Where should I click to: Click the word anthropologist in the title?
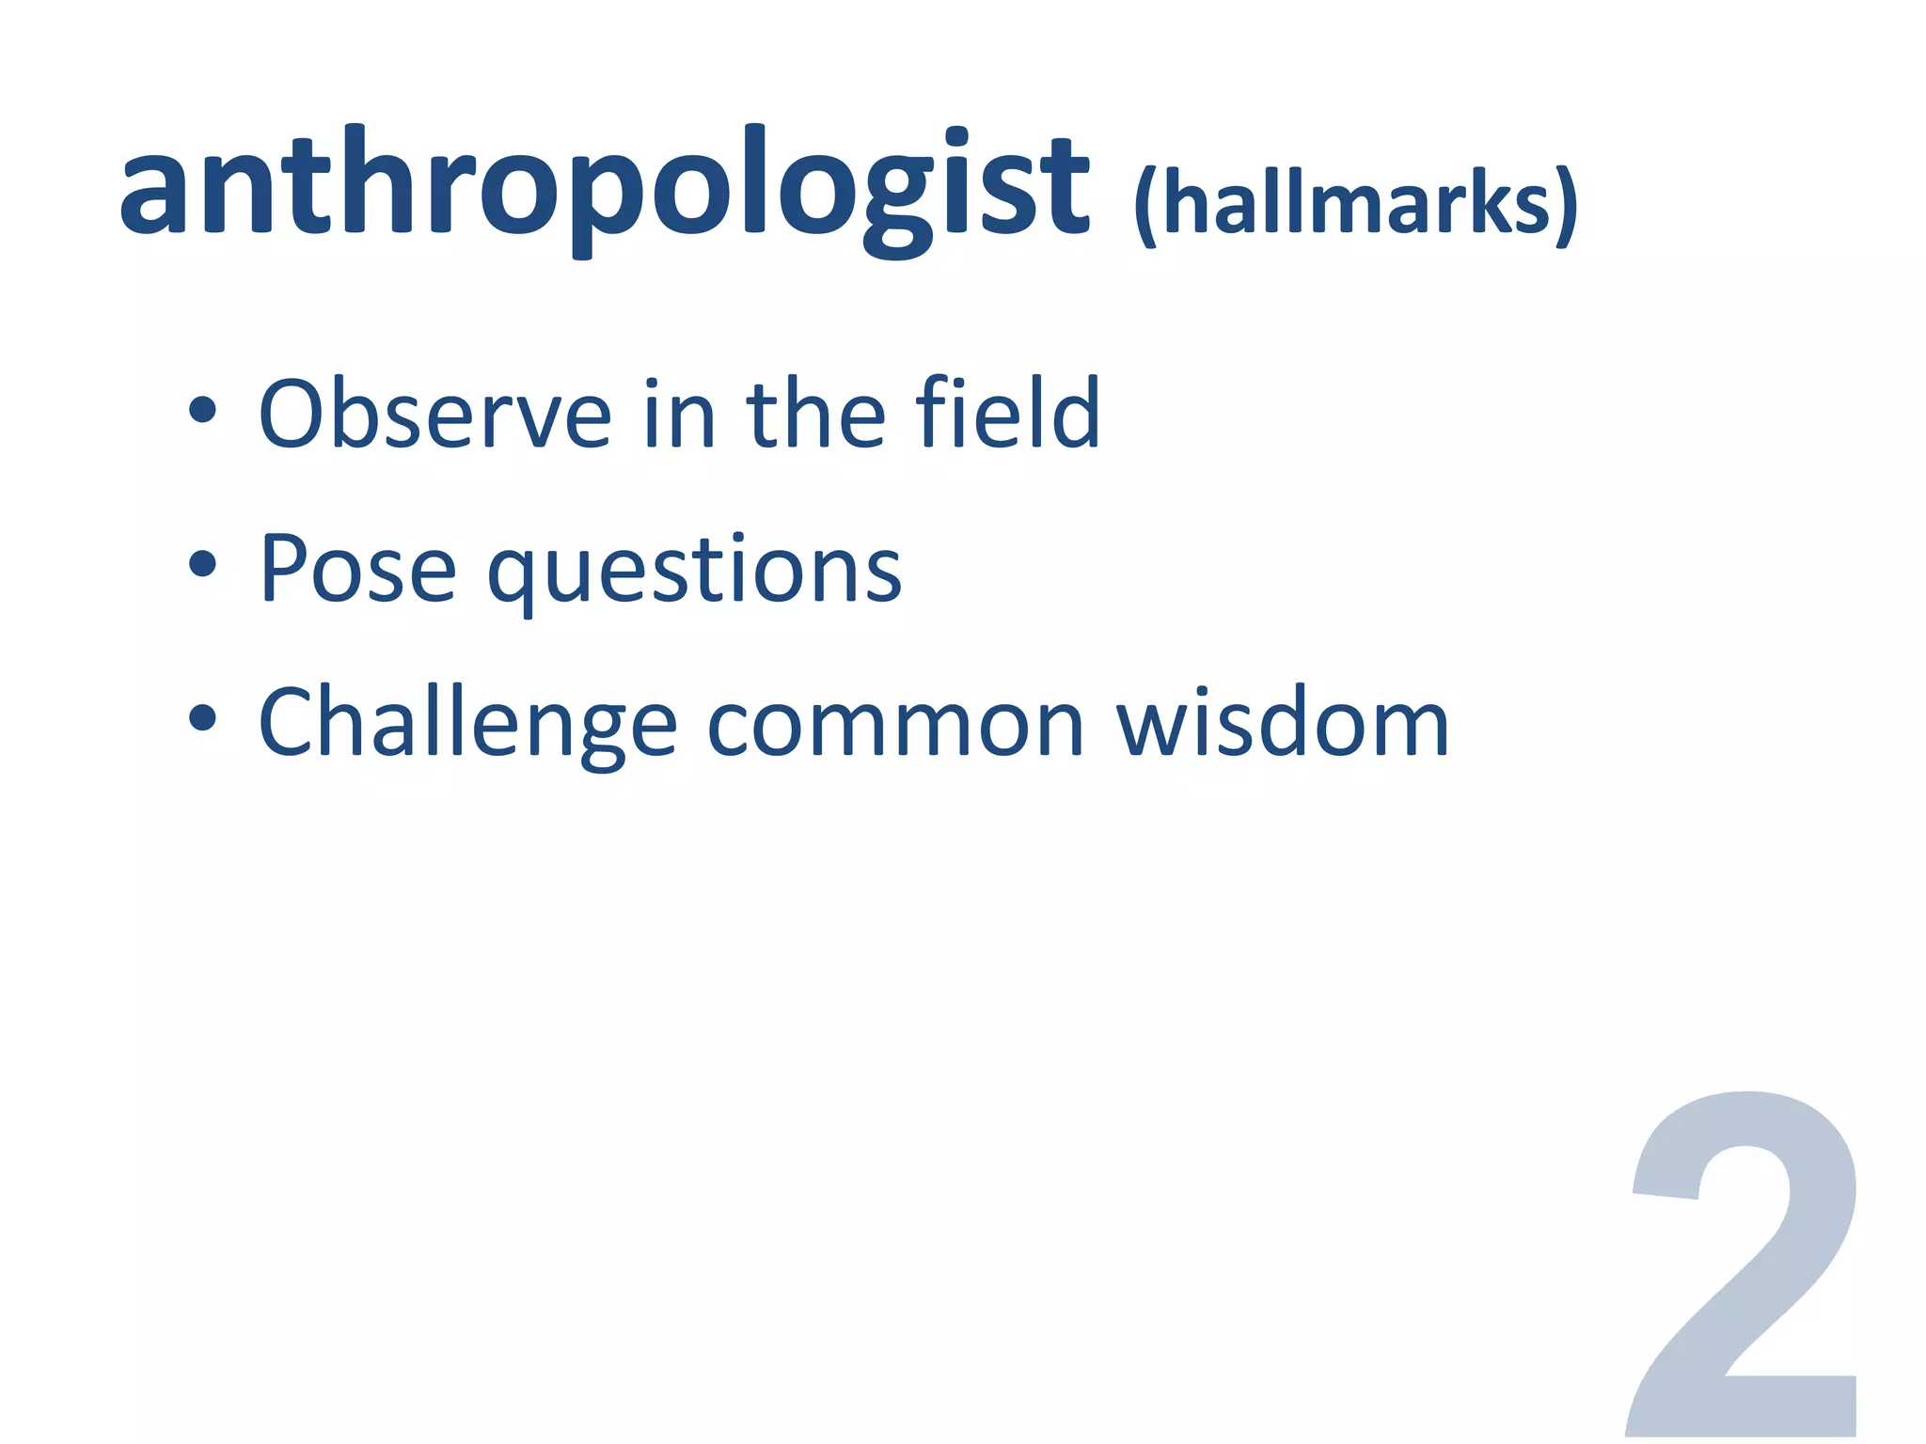[604, 188]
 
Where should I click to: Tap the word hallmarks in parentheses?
[1356, 205]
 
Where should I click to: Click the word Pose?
[357, 569]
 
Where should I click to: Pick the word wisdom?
[1283, 724]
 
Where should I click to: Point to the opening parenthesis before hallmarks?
[1145, 207]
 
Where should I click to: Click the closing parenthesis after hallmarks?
[1566, 207]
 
